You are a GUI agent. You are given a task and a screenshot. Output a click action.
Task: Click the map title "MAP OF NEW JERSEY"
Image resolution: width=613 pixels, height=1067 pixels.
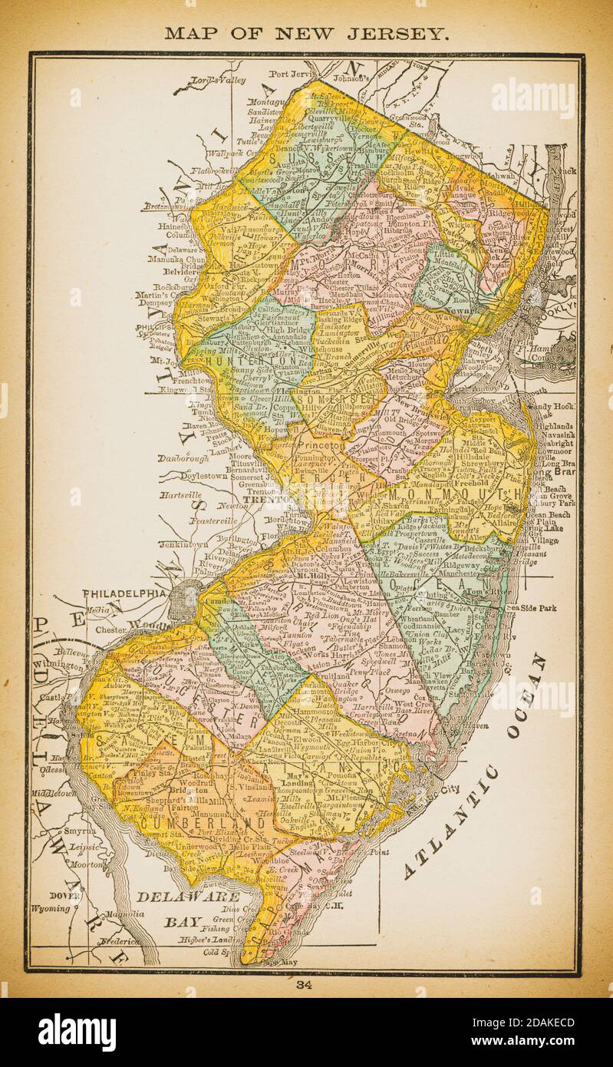coord(307,33)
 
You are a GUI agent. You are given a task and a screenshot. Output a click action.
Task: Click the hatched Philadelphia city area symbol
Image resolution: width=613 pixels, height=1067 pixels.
coord(184,600)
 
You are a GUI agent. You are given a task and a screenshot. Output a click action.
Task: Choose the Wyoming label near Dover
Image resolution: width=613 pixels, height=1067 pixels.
coord(51,909)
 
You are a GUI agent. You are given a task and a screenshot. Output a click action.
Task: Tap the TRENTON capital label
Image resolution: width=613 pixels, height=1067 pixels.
coord(258,499)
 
